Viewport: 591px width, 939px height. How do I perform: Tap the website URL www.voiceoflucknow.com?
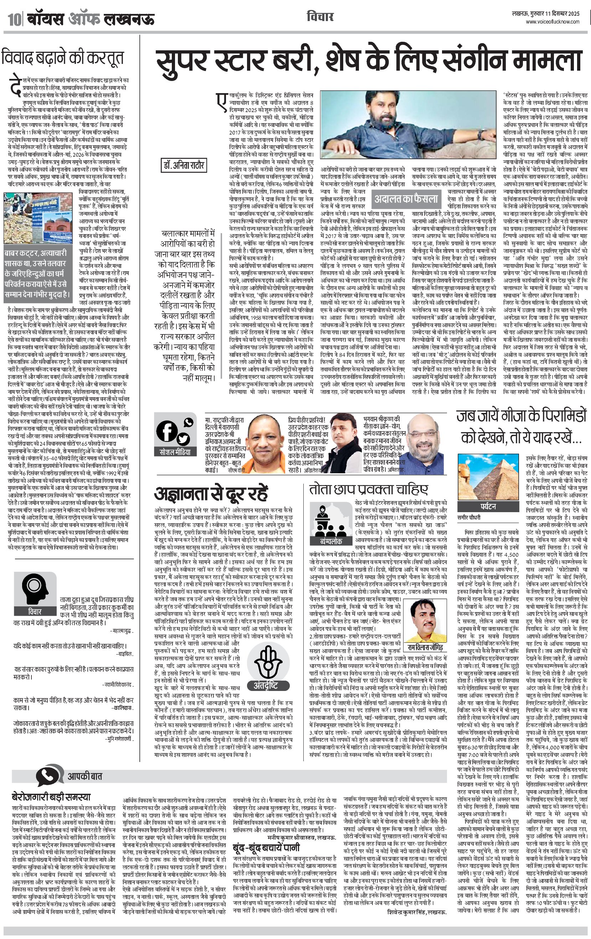(x=552, y=22)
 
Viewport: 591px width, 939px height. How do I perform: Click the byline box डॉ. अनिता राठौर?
(x=183, y=165)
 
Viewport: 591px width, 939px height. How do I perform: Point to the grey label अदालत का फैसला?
(x=406, y=198)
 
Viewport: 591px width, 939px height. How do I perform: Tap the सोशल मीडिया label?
(x=175, y=452)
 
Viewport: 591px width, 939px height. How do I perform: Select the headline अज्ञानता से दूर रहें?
(x=211, y=494)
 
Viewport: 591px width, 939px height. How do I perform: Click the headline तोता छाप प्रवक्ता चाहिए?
(x=369, y=490)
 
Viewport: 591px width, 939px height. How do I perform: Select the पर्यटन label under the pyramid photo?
(x=488, y=506)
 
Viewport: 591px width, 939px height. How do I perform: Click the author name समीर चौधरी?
(x=469, y=518)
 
